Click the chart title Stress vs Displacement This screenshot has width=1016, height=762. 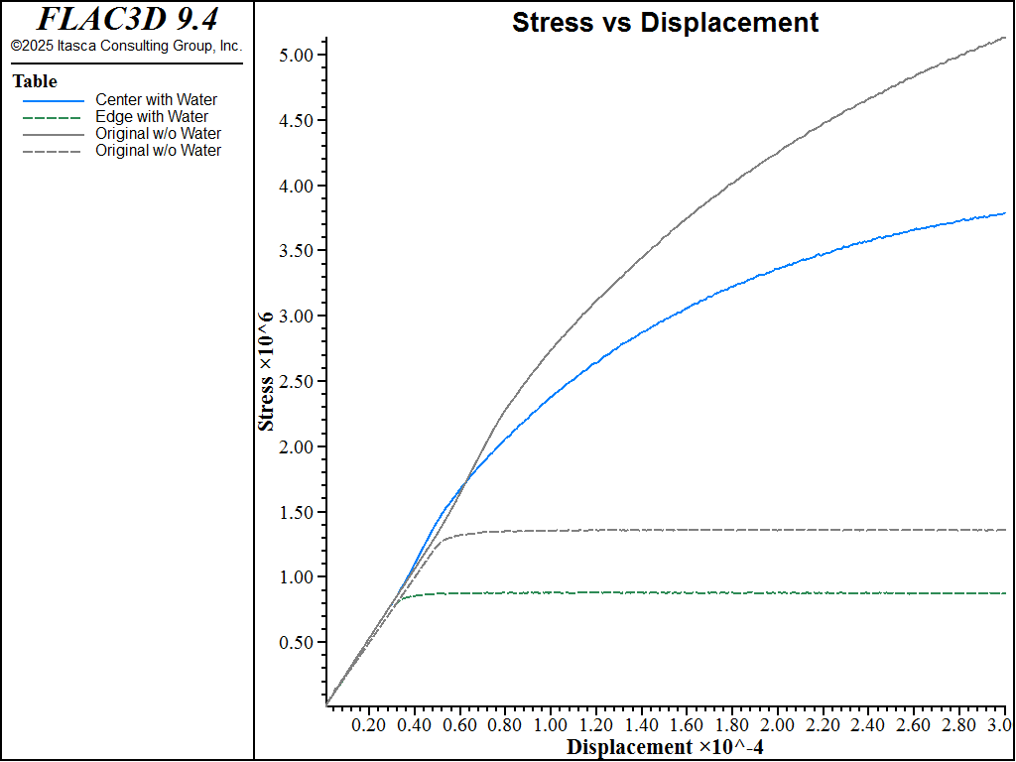point(665,23)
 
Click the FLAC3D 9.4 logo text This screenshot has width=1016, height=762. point(127,19)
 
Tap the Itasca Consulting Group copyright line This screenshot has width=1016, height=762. point(126,46)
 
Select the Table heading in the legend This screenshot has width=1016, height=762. point(35,81)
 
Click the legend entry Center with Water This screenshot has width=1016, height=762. point(156,99)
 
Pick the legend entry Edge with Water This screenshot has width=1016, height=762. point(152,117)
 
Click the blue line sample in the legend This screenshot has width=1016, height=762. point(54,100)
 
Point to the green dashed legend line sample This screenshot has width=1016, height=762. point(54,117)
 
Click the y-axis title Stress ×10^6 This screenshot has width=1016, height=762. point(266,371)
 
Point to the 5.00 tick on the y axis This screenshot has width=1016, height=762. point(296,55)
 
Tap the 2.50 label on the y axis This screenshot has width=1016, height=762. point(296,381)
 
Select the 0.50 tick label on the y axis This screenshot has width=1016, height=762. point(296,642)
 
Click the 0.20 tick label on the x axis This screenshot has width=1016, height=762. point(368,724)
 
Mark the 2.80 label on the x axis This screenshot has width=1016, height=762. point(957,724)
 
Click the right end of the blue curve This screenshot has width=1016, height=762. point(1005,213)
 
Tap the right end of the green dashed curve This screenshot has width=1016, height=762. point(1005,593)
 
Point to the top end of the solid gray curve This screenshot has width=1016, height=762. point(1005,38)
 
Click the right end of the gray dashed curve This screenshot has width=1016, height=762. point(1005,530)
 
